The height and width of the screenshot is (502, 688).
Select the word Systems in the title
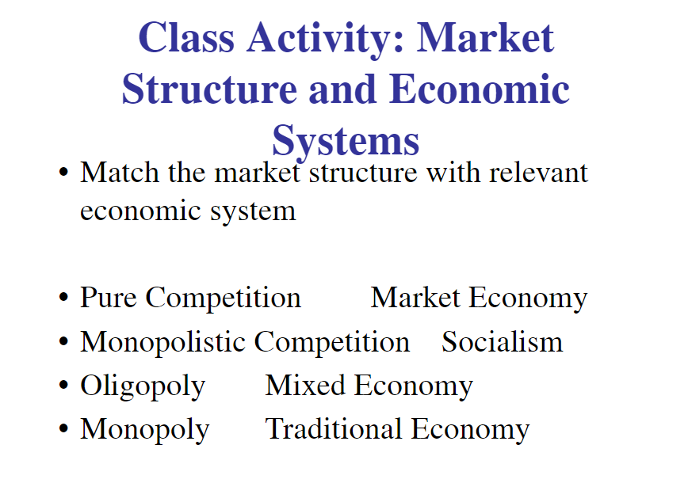[x=346, y=142]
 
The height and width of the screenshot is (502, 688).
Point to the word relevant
[x=538, y=172]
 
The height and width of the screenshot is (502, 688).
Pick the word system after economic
[x=253, y=211]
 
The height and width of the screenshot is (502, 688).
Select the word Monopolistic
[x=162, y=341]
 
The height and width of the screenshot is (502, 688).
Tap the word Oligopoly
[x=143, y=386]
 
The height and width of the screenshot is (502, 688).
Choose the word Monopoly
[x=145, y=429]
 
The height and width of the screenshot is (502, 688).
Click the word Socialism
[x=502, y=341]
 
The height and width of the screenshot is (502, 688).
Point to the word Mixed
[x=305, y=386]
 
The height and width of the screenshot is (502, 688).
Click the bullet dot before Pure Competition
[x=63, y=298]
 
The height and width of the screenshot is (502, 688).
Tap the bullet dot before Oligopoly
[x=63, y=386]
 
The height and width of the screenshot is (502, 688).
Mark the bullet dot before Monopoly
[x=63, y=429]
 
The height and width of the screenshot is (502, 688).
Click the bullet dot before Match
[x=63, y=173]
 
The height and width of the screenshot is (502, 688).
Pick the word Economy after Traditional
[x=470, y=430]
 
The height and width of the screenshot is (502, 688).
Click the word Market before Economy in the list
[x=415, y=297]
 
